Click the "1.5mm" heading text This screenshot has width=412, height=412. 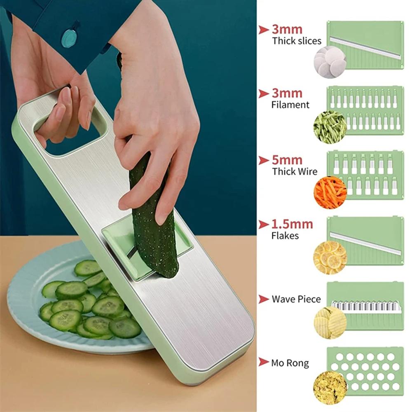tap(292, 224)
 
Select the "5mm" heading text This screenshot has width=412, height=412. tap(287, 160)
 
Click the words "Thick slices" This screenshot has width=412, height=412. tap(297, 41)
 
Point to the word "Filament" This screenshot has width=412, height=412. tap(290, 105)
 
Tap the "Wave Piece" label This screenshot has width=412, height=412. tap(296, 299)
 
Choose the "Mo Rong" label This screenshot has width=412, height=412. tap(290, 363)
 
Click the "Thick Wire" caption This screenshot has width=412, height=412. tap(295, 171)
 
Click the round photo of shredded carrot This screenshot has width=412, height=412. tap(330, 192)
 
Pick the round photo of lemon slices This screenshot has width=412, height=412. tap(330, 257)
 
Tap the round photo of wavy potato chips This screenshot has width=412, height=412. tap(330, 323)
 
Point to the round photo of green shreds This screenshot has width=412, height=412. tap(330, 127)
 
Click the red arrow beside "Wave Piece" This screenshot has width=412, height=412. tap(264, 299)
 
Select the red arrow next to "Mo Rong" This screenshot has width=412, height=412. tap(264, 362)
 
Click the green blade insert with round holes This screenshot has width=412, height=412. tap(365, 371)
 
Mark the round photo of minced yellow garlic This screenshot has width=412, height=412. tap(330, 388)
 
